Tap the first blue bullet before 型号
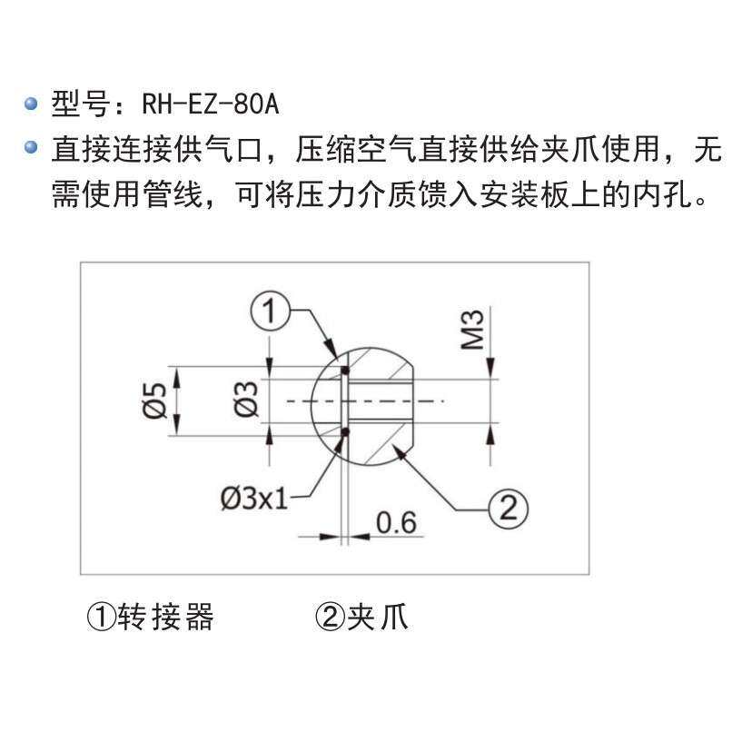pos(32,104)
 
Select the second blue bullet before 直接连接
pos(32,148)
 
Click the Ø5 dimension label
pos(154,401)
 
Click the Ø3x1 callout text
pos(253,498)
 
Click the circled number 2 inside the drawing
pos(509,509)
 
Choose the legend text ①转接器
pos(150,618)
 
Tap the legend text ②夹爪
pos(361,618)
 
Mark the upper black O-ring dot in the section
pos(346,371)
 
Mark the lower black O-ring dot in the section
pos(346,430)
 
